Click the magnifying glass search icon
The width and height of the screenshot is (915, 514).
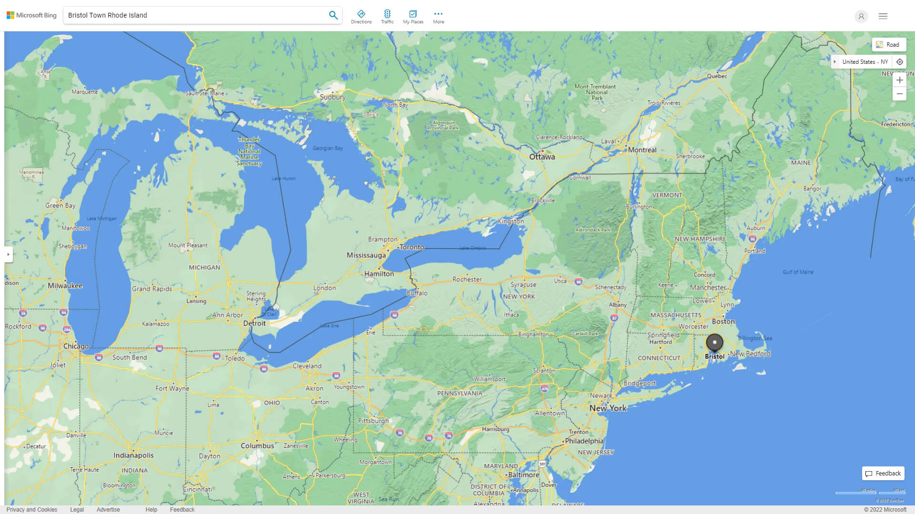coord(333,15)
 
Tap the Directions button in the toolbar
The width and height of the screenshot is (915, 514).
coord(361,17)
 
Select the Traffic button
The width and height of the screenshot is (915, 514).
coord(387,17)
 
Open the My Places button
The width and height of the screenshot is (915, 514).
coord(413,17)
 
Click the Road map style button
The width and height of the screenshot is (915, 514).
coord(888,45)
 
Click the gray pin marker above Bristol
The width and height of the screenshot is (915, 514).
coord(714,342)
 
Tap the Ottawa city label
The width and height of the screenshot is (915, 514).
coord(542,157)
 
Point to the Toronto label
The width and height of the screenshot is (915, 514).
coord(412,247)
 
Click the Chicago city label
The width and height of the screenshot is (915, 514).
coord(76,346)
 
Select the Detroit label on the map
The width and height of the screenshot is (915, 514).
coord(254,323)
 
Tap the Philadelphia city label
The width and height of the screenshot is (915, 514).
coord(584,441)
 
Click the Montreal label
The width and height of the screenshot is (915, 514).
coord(642,150)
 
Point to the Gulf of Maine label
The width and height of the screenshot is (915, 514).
coord(798,272)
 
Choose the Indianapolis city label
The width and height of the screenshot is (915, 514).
coord(133,455)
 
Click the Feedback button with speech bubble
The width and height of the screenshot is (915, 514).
coord(883,474)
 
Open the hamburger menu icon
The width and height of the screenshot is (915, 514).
coord(883,16)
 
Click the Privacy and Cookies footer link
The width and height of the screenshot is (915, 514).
coord(31,510)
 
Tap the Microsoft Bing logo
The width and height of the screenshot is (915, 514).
coord(31,15)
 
